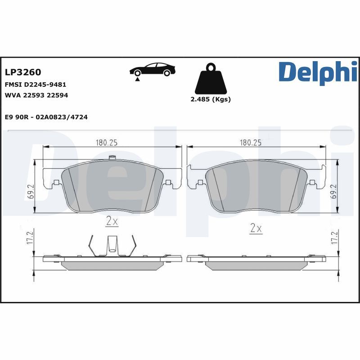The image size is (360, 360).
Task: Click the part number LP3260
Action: point(22,72)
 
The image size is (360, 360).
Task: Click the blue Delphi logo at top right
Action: point(318,72)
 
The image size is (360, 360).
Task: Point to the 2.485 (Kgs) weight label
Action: point(211,99)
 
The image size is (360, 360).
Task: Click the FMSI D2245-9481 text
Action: point(36,85)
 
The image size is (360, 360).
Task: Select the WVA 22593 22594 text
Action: point(36,95)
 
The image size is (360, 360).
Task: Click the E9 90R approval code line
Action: point(46,117)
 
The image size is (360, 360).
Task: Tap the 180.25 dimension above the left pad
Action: point(106,143)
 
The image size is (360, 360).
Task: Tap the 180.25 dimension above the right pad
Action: point(251,143)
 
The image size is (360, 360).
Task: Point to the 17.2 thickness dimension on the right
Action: point(333,237)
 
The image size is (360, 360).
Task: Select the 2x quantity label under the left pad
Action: point(112,221)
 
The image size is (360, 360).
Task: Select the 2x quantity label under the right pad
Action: point(256,228)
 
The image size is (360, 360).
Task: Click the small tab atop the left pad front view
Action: point(112,157)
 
